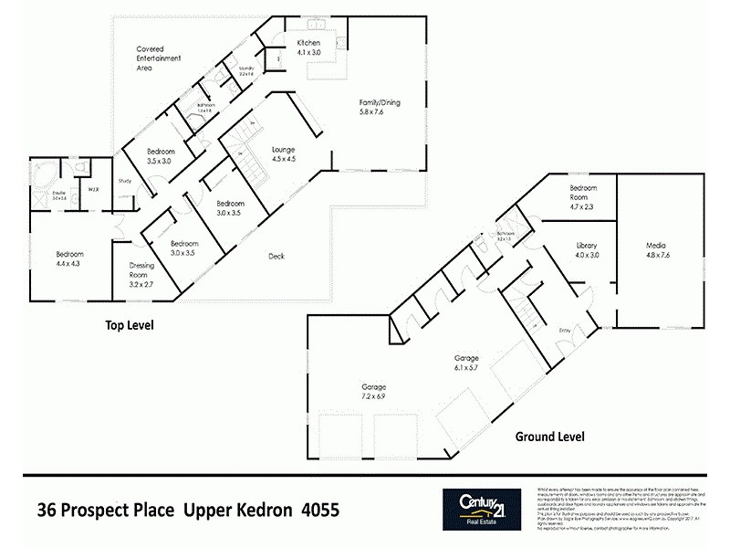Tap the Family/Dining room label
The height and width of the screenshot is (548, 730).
[379, 108]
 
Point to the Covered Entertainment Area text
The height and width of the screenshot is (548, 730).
[159, 58]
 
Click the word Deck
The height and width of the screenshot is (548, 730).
[276, 257]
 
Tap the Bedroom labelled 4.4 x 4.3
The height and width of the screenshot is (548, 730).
[69, 258]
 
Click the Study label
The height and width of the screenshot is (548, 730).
[125, 181]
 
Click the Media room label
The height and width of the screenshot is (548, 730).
[657, 250]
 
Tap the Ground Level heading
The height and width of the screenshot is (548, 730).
[550, 437]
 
